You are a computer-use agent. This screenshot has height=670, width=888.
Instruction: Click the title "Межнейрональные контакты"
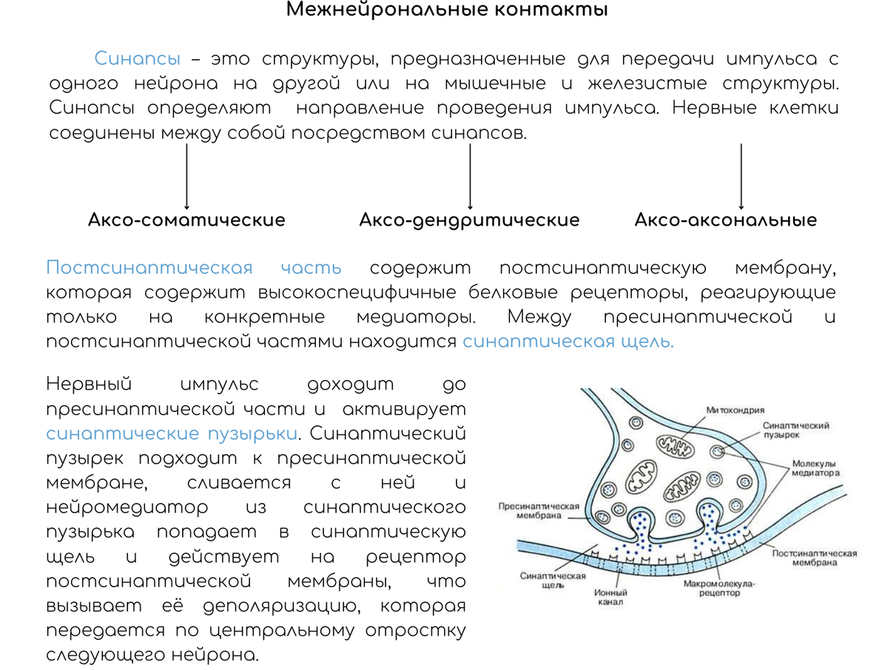pyautogui.click(x=447, y=9)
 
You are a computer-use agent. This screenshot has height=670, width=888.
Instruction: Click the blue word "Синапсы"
pyautogui.click(x=137, y=59)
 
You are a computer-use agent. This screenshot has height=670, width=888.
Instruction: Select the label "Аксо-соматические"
pyautogui.click(x=186, y=220)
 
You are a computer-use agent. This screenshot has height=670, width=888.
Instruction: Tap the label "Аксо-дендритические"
pyautogui.click(x=469, y=220)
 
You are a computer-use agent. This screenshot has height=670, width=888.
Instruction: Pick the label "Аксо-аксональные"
pyautogui.click(x=726, y=220)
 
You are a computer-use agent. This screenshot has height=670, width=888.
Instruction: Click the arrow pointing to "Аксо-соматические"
pyautogui.click(x=186, y=176)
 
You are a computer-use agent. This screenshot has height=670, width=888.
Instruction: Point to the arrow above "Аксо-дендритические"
pyautogui.click(x=470, y=176)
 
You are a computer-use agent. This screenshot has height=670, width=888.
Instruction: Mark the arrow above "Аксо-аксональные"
pyautogui.click(x=741, y=176)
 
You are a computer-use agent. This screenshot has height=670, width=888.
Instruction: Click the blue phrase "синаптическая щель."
pyautogui.click(x=568, y=342)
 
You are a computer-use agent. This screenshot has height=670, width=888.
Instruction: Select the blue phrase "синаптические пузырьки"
pyautogui.click(x=172, y=434)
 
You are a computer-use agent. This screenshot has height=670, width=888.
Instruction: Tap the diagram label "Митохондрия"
pyautogui.click(x=735, y=410)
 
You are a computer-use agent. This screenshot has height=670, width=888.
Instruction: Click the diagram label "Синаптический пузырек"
pyautogui.click(x=795, y=430)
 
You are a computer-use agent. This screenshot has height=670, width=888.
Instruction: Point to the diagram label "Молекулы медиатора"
pyautogui.click(x=815, y=468)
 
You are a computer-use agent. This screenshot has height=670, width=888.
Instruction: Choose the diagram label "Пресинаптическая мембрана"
pyautogui.click(x=539, y=511)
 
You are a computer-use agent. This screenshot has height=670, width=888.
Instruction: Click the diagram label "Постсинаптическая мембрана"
pyautogui.click(x=815, y=558)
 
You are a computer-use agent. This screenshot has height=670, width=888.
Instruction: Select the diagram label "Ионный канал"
pyautogui.click(x=610, y=598)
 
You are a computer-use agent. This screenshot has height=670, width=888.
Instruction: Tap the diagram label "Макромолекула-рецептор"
pyautogui.click(x=719, y=588)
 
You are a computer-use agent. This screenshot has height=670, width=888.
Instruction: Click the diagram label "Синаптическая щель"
pyautogui.click(x=553, y=581)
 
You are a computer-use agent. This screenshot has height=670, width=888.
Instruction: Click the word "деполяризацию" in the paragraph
pyautogui.click(x=282, y=607)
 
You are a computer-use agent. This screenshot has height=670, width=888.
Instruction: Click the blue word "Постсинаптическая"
pyautogui.click(x=149, y=268)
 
